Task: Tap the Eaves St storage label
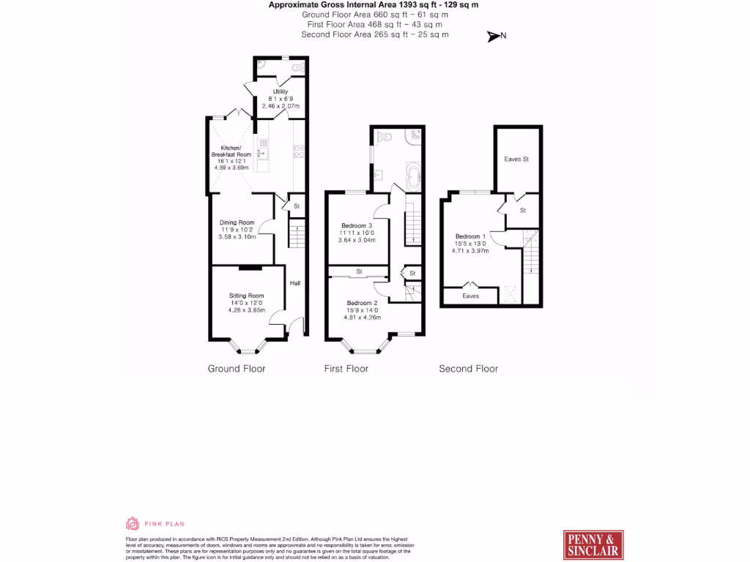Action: click(516, 159)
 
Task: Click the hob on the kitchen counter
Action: click(299, 152)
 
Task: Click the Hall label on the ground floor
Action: click(294, 283)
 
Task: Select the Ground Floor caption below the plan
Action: click(237, 369)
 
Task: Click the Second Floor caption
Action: click(468, 369)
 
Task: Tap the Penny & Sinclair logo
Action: click(593, 544)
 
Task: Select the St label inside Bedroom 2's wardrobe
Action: click(359, 271)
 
